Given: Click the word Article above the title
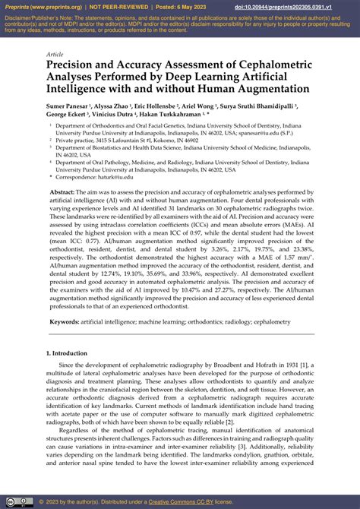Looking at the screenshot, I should coord(55,55).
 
